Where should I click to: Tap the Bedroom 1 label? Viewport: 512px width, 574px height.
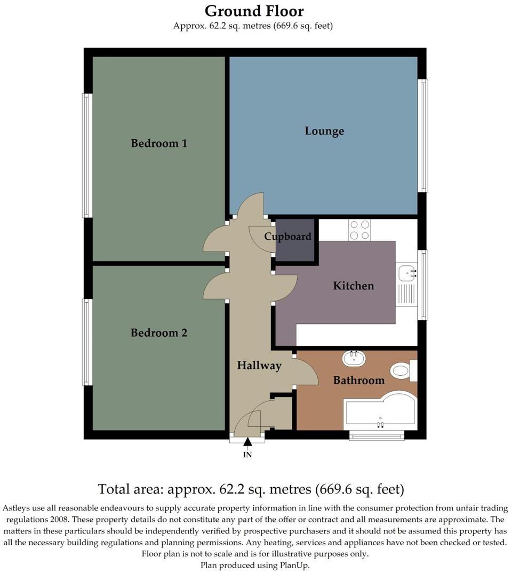(x=159, y=143)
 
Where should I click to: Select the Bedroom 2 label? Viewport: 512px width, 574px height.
(x=159, y=333)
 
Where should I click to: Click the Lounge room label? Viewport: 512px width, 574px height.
(x=324, y=131)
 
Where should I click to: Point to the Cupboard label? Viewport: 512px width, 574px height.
(x=288, y=237)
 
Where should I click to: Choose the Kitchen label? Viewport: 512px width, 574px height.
(x=353, y=286)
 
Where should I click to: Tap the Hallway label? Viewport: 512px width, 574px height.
(x=259, y=366)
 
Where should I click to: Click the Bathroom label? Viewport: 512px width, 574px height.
(x=358, y=381)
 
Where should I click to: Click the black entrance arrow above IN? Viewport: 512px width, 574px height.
(x=247, y=441)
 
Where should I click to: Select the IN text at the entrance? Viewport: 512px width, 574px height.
(x=247, y=455)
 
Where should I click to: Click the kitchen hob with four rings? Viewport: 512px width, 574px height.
(x=359, y=230)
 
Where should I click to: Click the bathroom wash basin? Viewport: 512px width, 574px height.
(x=354, y=358)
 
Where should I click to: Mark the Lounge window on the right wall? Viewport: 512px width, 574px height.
(x=422, y=135)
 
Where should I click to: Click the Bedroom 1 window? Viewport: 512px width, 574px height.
(x=87, y=156)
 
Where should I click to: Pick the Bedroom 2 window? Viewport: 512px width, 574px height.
(x=87, y=342)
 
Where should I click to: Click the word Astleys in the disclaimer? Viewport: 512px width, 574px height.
(x=19, y=508)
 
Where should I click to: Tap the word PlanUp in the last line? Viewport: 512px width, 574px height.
(x=294, y=565)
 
